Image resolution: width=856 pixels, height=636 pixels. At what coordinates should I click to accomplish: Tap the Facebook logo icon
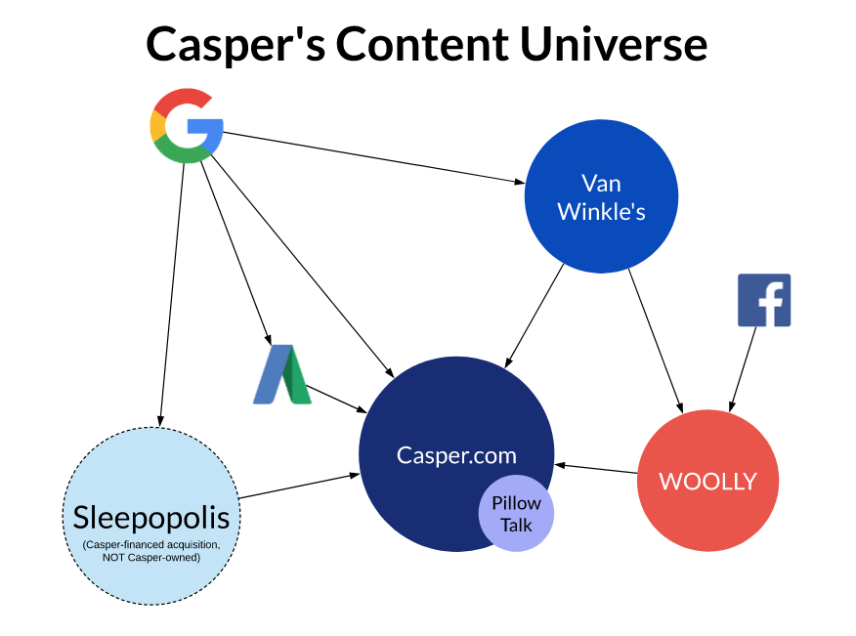[764, 300]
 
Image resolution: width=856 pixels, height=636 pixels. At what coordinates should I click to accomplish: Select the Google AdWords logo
[282, 374]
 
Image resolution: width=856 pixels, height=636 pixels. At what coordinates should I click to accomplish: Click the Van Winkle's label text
[601, 197]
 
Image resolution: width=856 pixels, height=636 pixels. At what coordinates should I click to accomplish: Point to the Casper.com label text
[456, 455]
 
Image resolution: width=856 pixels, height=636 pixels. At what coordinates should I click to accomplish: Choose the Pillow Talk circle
[517, 513]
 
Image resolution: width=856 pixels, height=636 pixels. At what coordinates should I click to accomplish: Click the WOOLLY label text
[708, 481]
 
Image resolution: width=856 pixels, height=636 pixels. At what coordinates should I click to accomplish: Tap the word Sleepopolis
[151, 517]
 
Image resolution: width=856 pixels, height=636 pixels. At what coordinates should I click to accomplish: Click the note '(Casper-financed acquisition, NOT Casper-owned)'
[151, 551]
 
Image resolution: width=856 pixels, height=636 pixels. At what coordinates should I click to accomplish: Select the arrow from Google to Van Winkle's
[373, 157]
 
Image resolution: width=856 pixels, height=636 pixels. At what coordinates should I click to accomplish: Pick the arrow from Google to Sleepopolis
[171, 294]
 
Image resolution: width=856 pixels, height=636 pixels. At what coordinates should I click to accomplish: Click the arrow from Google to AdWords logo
[235, 253]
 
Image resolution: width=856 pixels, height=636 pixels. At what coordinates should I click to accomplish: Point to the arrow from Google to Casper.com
[302, 266]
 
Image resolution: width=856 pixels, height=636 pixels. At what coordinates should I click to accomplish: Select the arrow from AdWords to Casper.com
[336, 399]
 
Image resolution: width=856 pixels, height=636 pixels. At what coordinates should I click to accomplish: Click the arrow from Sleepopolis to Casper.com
[300, 486]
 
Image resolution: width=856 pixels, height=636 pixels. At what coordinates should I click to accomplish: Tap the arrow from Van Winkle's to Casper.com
[534, 316]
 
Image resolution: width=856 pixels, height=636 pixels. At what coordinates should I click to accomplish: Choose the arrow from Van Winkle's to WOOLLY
[656, 341]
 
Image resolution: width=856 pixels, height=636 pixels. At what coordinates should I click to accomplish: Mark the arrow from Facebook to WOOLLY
[743, 369]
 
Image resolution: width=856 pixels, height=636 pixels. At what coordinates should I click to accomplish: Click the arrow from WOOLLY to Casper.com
[596, 468]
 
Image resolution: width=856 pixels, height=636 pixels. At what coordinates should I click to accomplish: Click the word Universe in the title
[614, 44]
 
